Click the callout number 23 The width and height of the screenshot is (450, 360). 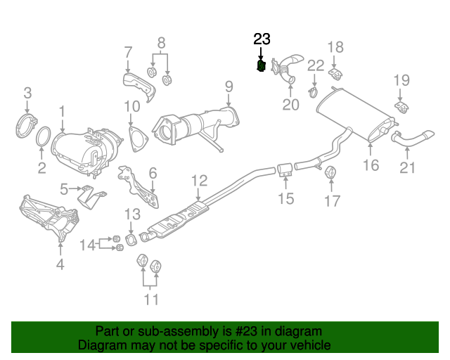(x=262, y=39)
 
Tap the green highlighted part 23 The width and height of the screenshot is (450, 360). (x=261, y=66)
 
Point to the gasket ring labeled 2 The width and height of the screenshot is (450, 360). (x=43, y=140)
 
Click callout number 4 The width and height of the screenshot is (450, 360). (x=60, y=264)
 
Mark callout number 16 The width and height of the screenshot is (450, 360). (x=371, y=165)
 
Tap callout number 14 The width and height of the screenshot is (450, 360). (x=86, y=245)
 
